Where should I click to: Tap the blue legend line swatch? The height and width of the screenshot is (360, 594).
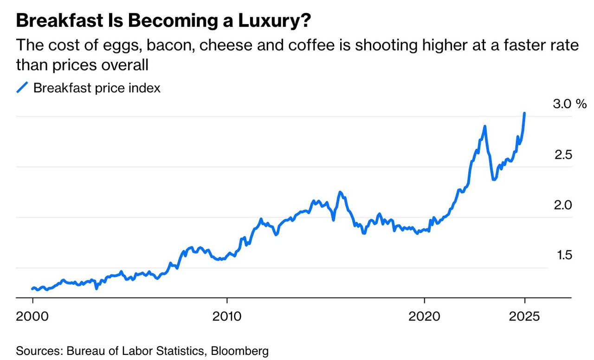pos(22,88)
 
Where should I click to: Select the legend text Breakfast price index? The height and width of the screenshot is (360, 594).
pos(97,88)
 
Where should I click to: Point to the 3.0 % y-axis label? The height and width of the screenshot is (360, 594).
pos(570,104)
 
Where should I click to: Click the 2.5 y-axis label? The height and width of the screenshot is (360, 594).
pos(563,155)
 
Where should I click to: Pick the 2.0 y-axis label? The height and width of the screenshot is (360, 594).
pos(563,205)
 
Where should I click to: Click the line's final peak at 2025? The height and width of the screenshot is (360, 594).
pos(524,113)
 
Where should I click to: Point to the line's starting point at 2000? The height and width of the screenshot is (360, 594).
pos(32,289)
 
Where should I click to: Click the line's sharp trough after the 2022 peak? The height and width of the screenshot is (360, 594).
pos(493,179)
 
